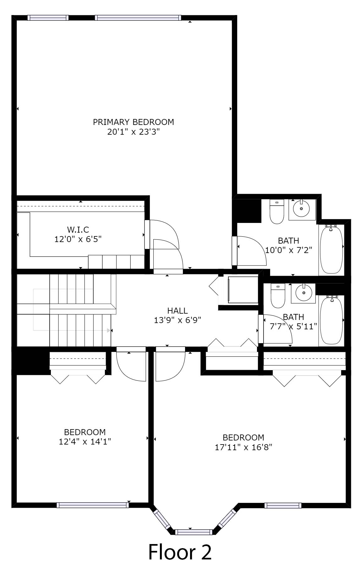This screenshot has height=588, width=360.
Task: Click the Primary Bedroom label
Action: (x=133, y=122)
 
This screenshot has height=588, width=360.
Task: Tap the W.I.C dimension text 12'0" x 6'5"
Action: (x=78, y=239)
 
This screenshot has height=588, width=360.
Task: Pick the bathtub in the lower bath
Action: (x=331, y=320)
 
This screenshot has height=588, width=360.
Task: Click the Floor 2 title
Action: (x=180, y=552)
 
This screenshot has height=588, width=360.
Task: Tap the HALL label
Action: (x=177, y=310)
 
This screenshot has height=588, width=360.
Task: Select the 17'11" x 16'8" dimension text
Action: (x=243, y=447)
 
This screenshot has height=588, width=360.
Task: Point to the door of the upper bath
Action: (x=251, y=251)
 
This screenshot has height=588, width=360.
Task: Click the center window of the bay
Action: (x=194, y=532)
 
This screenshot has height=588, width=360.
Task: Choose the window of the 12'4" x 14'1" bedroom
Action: (x=93, y=505)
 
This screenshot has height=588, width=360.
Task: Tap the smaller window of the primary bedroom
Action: (x=48, y=18)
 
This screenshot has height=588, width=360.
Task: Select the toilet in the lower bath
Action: (x=277, y=296)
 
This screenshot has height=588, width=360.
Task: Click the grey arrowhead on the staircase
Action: (x=109, y=330)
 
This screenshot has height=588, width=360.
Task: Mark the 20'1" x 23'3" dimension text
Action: (x=134, y=132)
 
